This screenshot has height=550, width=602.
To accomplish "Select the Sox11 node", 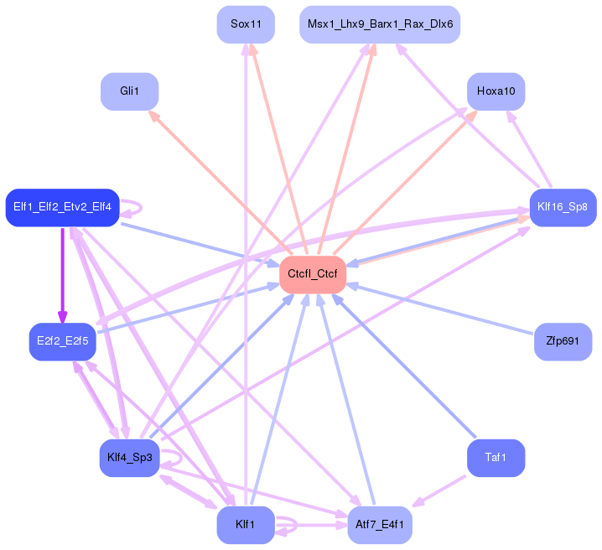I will tap(246, 24).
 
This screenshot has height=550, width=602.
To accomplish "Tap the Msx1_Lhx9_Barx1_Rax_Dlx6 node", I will tap(380, 24).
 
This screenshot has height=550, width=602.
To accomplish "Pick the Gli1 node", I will tap(129, 91).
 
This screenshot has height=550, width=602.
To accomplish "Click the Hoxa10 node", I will tap(496, 91).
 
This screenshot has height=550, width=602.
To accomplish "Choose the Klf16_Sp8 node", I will tap(562, 206).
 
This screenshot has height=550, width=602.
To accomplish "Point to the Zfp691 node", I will tap(563, 342).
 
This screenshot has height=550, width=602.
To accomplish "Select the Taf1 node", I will tap(496, 458).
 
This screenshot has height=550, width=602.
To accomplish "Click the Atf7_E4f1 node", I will tap(380, 525).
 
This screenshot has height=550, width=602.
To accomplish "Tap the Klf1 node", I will tap(245, 525).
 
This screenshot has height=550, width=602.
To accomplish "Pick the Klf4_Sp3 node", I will tap(129, 458).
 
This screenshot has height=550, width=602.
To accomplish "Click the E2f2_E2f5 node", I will tap(63, 341).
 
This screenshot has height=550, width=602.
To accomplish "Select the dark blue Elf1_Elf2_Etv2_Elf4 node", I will tap(63, 207).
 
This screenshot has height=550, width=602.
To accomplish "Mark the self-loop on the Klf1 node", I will tap(288, 525).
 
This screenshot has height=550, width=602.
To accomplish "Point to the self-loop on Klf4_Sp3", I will tap(174, 458).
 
